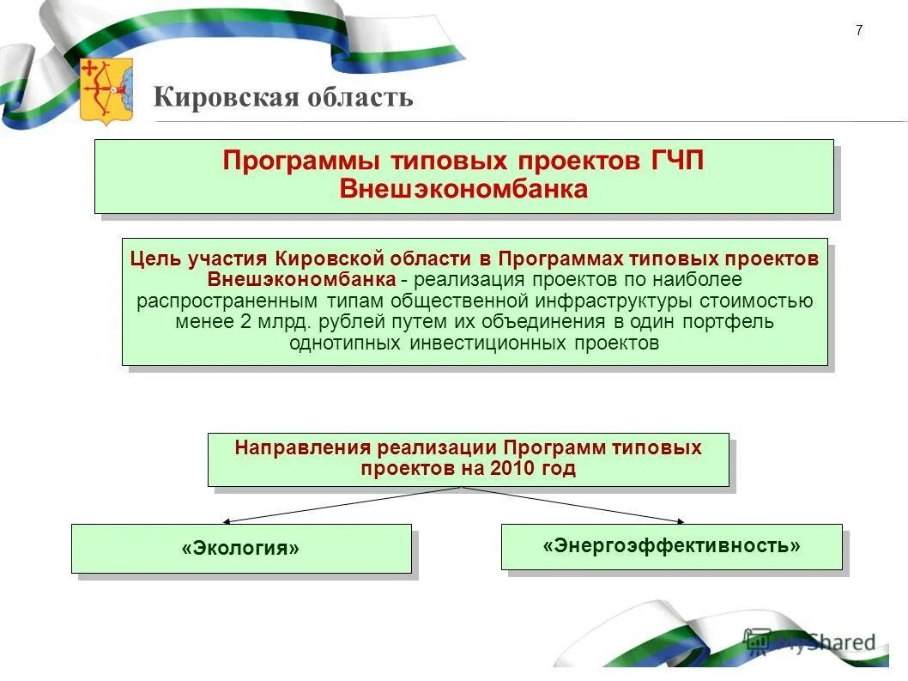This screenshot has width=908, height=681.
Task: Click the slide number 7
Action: click(x=859, y=31)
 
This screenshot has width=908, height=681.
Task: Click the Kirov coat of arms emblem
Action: click(x=106, y=91)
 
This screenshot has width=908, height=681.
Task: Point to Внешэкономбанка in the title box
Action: click(x=463, y=189)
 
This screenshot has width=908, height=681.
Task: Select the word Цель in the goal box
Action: click(x=153, y=259)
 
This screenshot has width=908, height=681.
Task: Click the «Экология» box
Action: click(x=241, y=548)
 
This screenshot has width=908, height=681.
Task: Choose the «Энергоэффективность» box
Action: click(x=671, y=545)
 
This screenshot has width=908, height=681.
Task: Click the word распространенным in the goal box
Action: click(x=227, y=301)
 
